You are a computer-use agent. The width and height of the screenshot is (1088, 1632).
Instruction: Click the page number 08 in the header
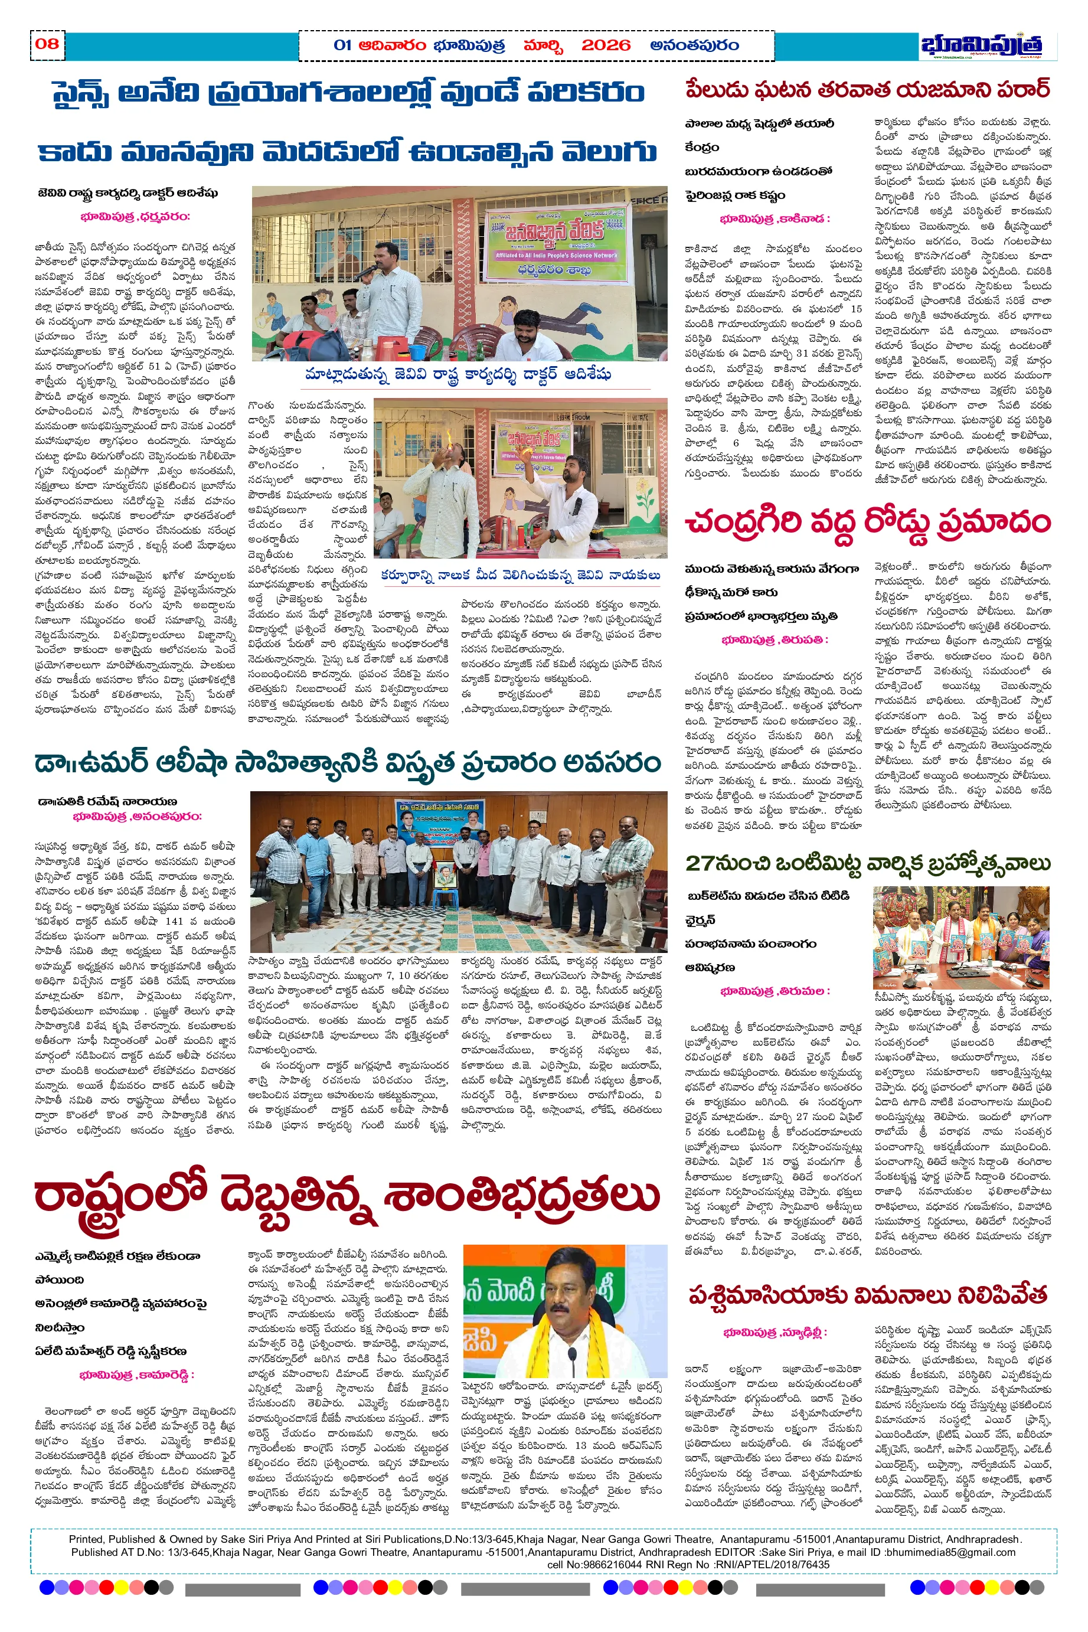coord(47,44)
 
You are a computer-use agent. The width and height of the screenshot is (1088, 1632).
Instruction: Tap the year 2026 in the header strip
coord(606,46)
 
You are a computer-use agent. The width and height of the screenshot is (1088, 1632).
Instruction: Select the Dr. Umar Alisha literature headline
coord(348,763)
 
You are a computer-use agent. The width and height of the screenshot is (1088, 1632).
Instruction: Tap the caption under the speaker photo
coord(458,375)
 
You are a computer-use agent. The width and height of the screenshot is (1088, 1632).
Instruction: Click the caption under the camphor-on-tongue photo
coord(521,575)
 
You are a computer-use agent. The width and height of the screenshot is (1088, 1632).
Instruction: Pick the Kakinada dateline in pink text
coord(775,219)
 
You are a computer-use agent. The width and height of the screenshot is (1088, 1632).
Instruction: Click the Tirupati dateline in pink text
coord(775,640)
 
